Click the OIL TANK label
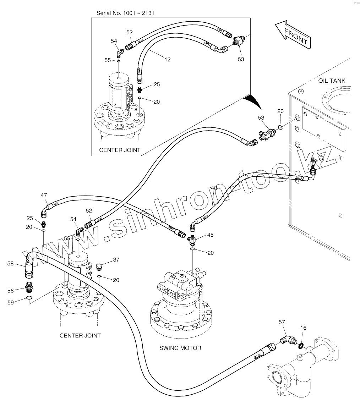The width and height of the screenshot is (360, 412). tap(332, 81)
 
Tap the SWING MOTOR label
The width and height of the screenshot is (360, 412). tap(180, 348)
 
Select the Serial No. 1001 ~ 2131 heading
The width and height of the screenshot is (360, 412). tap(125, 13)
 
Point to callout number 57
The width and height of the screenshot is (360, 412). tap(282, 322)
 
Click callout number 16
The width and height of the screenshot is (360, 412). tap(303, 328)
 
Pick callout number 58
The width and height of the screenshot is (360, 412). tap(10, 264)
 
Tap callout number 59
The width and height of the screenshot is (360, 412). tap(11, 302)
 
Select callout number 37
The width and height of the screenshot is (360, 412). tap(116, 260)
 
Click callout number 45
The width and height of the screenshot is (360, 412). tap(211, 235)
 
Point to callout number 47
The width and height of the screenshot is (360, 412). tap(44, 195)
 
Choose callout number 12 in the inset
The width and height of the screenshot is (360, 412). tap(168, 60)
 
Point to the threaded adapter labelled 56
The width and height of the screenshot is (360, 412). tap(29, 287)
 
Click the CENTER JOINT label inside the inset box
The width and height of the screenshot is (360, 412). tap(120, 150)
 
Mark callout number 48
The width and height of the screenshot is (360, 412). tap(214, 188)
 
